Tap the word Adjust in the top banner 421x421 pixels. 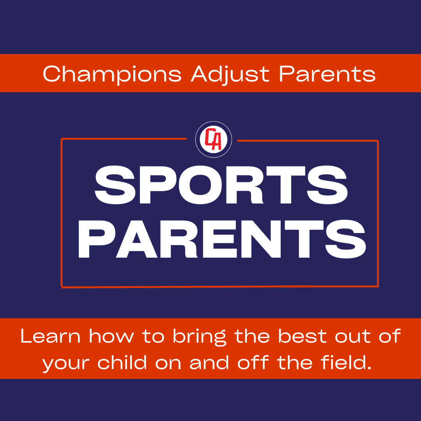(x=230, y=74)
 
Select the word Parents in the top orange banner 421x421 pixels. (x=327, y=73)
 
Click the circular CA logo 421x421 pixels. (x=214, y=140)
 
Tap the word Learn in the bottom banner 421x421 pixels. (x=51, y=336)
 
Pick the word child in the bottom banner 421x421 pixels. (x=123, y=363)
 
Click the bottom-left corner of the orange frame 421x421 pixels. (x=62, y=287)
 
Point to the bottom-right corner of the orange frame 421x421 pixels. (x=378, y=286)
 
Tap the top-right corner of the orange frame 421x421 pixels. (x=378, y=141)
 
